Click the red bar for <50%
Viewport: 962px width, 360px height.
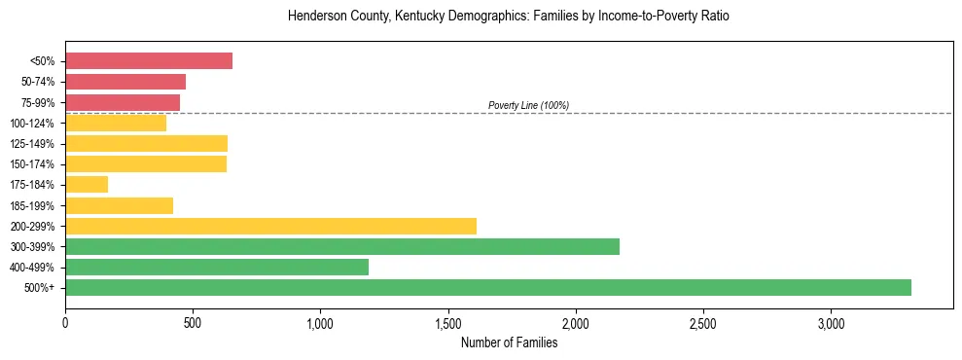point(149,61)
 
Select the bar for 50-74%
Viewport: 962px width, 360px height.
point(125,82)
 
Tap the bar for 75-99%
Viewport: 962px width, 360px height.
point(123,102)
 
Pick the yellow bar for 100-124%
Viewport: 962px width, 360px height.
point(116,123)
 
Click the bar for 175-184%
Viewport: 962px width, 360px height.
point(87,184)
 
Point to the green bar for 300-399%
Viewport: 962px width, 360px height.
point(342,246)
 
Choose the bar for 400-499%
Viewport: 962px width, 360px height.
point(217,267)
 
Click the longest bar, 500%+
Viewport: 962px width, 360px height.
point(488,287)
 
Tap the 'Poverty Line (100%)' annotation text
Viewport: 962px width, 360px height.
point(528,105)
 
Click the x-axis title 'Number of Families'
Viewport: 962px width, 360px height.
point(509,342)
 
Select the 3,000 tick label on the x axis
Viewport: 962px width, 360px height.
point(831,323)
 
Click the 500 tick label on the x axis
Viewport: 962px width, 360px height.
point(193,323)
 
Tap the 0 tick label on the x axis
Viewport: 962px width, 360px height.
point(65,323)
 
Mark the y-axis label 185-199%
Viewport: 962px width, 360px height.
point(32,205)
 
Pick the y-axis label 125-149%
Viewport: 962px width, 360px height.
point(32,144)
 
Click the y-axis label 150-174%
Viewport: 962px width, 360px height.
point(32,164)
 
